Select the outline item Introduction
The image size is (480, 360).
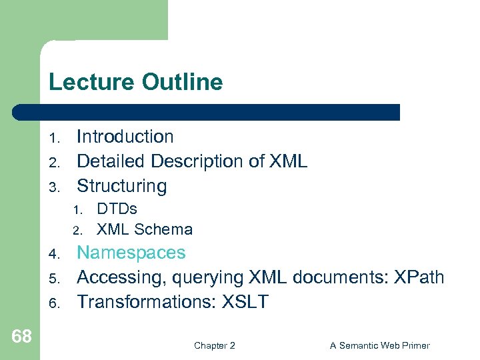click(125, 137)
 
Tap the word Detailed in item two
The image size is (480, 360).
click(111, 161)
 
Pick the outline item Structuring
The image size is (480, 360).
click(121, 186)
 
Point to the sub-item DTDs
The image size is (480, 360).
click(117, 209)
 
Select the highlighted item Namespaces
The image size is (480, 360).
click(131, 253)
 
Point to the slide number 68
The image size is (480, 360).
click(21, 337)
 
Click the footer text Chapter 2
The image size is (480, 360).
click(214, 345)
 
